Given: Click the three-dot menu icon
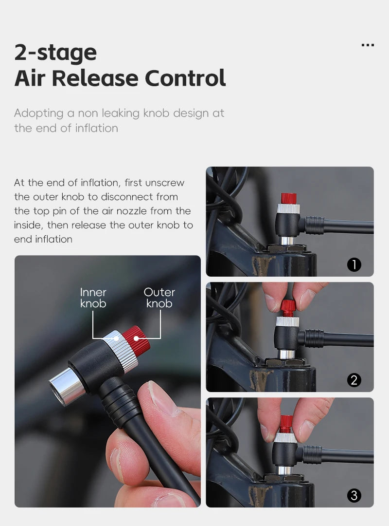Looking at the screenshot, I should click(368, 45).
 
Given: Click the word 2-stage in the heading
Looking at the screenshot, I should click(55, 53).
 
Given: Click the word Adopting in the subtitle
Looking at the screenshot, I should click(39, 113).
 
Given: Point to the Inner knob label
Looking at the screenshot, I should click(93, 298).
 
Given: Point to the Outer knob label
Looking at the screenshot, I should click(159, 298).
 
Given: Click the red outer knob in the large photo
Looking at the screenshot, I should click(137, 340).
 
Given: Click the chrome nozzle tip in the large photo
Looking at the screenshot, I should click(66, 386).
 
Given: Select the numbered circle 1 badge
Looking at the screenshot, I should click(354, 264).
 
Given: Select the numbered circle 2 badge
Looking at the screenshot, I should click(354, 380).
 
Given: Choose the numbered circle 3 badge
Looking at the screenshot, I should click(354, 495).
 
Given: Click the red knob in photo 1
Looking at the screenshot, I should click(289, 198).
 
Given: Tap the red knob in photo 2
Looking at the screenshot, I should click(288, 307).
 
